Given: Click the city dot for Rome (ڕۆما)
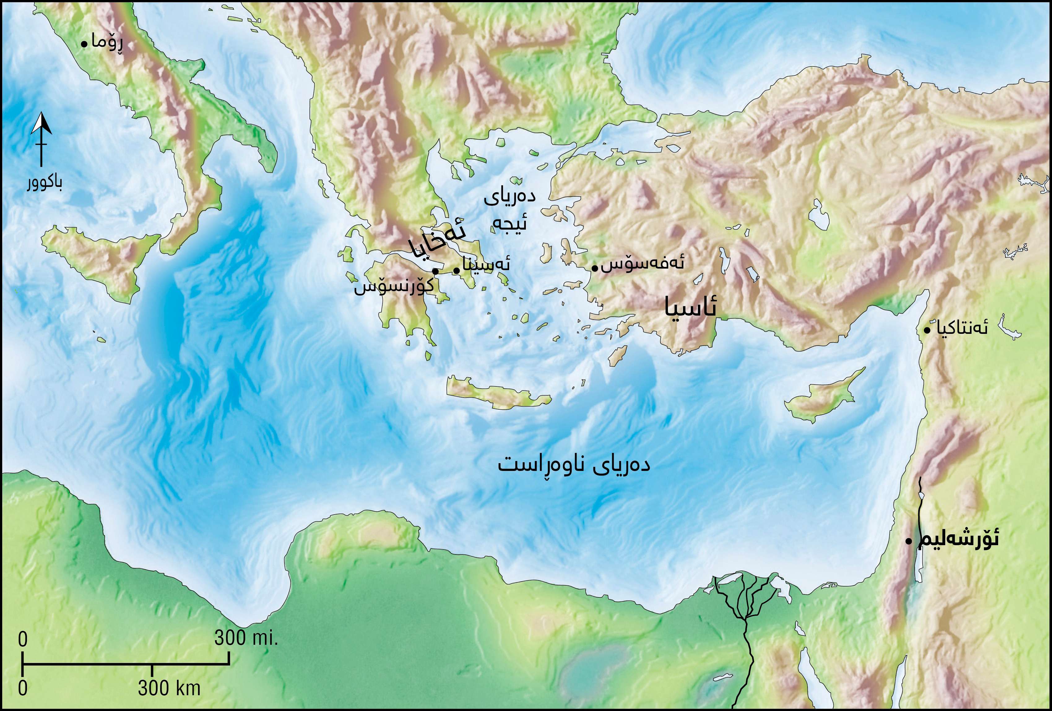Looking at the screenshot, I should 84,44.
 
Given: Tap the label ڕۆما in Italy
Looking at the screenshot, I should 107,43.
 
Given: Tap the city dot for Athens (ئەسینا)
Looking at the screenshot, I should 456,271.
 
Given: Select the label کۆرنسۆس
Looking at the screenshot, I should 393,287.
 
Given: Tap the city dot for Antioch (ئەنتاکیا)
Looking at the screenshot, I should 927,331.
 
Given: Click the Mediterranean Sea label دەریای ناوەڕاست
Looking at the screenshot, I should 574,465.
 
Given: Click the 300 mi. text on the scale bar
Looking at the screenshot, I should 245,638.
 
